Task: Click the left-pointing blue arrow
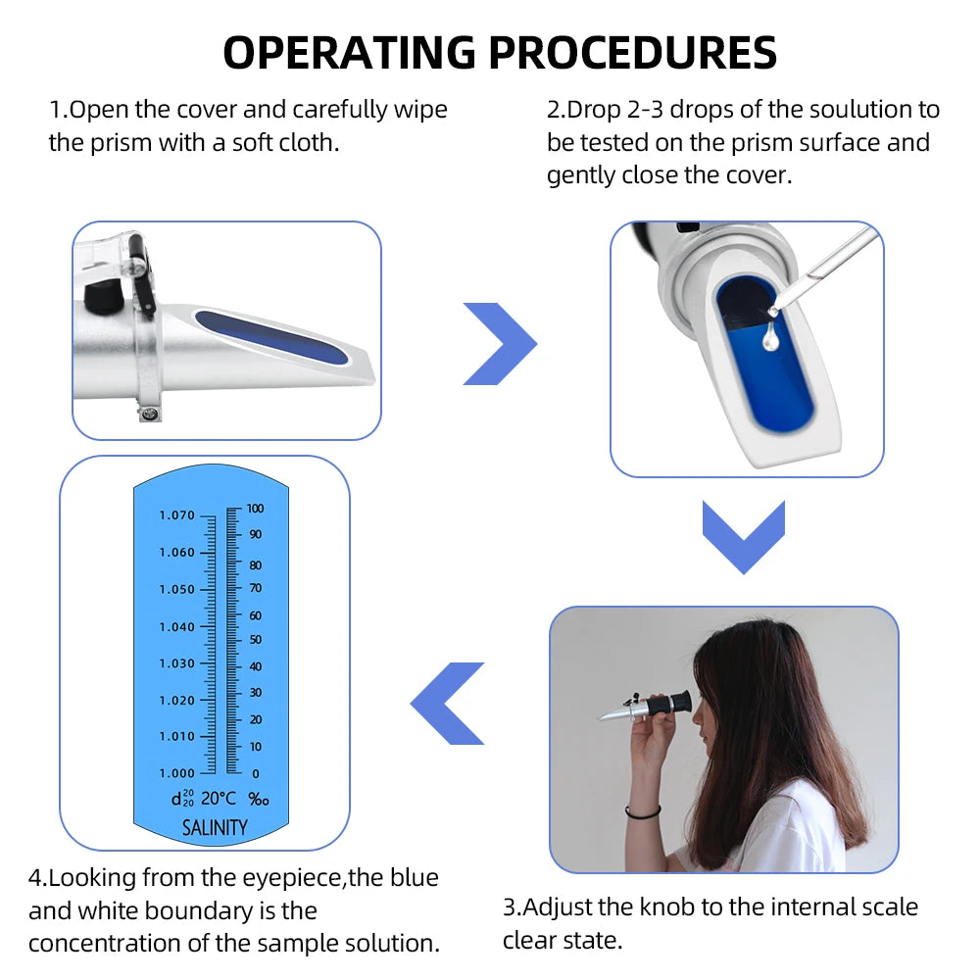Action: (x=448, y=703)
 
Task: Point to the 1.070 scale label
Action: (x=177, y=515)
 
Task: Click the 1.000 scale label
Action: (x=177, y=773)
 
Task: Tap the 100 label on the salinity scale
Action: (x=256, y=509)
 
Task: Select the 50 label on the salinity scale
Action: (x=254, y=640)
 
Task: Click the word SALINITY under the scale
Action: (x=215, y=828)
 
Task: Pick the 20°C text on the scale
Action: (x=219, y=799)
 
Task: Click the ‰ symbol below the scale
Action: (x=258, y=800)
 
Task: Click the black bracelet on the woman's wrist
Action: (x=643, y=812)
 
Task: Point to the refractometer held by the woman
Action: (x=646, y=706)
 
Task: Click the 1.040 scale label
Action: (x=177, y=627)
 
